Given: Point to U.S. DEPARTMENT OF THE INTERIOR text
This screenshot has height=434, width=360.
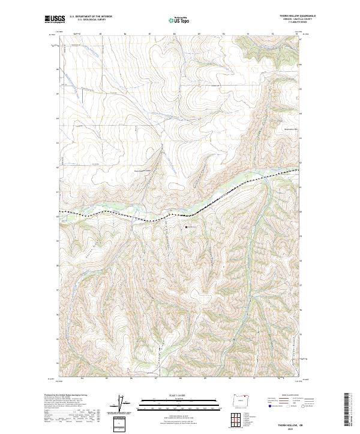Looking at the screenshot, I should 90,16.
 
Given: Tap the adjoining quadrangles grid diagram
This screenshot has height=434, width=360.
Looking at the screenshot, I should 241,417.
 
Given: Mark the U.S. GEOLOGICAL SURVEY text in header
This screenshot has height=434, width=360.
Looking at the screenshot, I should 90,19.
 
